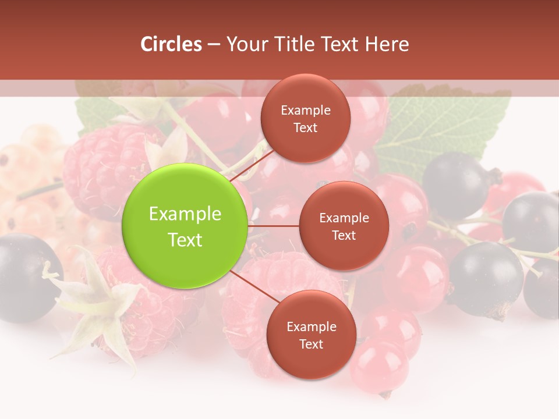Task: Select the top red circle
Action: click(305, 118)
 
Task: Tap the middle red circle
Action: click(344, 226)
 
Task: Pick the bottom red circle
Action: click(311, 335)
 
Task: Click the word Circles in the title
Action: click(171, 44)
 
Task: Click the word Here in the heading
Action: click(388, 44)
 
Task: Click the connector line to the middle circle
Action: click(274, 226)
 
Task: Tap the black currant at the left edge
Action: click(23, 276)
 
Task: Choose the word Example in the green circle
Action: click(185, 214)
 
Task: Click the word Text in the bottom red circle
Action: click(311, 344)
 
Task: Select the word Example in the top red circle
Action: click(306, 110)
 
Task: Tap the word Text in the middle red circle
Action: click(344, 235)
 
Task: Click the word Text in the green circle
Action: click(185, 240)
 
